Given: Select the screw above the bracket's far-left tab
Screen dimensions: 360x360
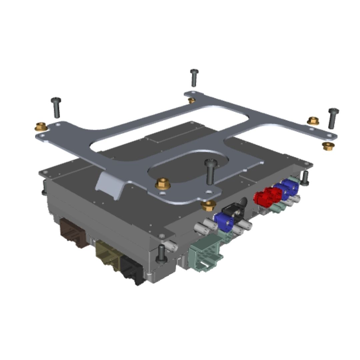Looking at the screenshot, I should click(x=56, y=107).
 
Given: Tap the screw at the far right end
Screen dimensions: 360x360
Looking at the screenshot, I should click(x=333, y=118).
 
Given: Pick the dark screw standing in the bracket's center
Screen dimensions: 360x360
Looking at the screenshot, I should click(x=211, y=171).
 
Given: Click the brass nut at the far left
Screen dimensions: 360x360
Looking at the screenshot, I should click(x=41, y=127).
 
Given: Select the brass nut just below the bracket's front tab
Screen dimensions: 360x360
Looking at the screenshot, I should click(x=208, y=205).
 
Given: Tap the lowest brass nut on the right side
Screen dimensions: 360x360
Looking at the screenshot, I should click(x=328, y=146).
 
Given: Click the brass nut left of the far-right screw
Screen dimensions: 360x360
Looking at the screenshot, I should click(x=313, y=121).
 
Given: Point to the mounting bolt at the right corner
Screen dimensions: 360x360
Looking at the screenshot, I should click(x=305, y=178).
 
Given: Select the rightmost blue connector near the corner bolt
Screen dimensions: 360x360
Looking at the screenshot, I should click(x=289, y=187).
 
